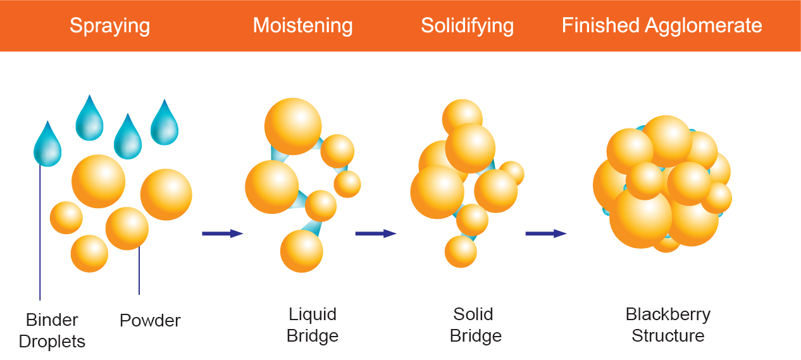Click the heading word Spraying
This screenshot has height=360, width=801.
coord(109,26)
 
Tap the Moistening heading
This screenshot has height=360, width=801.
coord(302,26)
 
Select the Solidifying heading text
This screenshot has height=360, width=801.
coord(467,26)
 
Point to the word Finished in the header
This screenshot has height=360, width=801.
coord(600,26)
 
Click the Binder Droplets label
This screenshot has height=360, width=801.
coord(52,331)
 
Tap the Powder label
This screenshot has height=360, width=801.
coord(150,321)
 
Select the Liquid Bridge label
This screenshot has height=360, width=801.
coord(313,325)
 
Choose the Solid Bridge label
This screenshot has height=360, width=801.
coord(476,325)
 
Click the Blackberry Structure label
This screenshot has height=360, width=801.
coord(668,325)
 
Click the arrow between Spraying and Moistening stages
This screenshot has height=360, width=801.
coord(222,233)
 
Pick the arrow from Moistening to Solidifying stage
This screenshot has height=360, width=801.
coord(375,233)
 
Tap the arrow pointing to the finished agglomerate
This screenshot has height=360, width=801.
coord(545,233)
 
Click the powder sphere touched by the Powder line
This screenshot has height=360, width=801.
coord(127,228)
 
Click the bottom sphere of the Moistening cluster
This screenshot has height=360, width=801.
coord(302,251)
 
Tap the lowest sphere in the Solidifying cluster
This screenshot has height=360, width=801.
coord(461,251)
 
